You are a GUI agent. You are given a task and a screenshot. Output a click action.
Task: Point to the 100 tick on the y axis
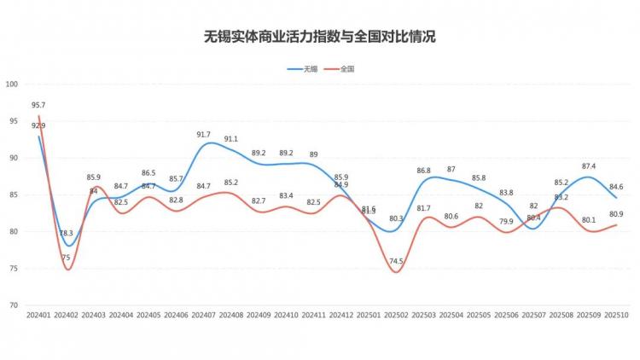(12, 84)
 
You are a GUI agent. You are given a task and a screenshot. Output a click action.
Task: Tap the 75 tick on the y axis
(14, 268)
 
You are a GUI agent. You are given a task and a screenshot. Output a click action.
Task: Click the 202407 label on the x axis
(204, 315)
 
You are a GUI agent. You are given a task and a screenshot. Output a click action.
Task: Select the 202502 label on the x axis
(396, 315)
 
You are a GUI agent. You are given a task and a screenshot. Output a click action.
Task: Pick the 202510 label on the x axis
(616, 315)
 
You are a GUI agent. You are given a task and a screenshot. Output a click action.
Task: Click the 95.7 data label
(38, 105)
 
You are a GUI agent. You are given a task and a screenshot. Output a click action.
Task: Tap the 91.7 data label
(203, 135)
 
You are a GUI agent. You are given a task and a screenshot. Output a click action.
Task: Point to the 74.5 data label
(396, 261)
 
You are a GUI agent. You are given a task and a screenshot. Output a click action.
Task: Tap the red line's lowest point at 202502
(396, 271)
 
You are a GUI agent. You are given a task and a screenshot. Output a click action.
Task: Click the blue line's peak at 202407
(205, 144)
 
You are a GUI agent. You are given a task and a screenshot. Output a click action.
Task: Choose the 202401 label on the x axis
(38, 315)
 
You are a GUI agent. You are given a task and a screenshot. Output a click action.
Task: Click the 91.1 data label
(230, 139)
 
